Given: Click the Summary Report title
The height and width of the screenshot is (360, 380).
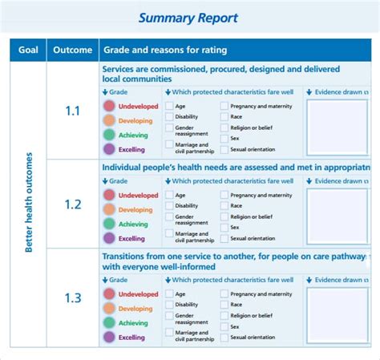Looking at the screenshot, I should tap(188, 18).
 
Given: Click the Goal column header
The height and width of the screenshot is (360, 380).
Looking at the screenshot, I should tap(28, 50).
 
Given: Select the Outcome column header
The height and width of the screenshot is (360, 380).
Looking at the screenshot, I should tap(73, 50).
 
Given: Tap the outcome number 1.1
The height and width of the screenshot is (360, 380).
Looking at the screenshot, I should tap(73, 111).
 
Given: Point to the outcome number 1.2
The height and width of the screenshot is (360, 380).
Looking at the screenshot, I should tap(73, 204).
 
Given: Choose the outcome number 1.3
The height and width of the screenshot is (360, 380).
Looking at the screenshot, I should tap(73, 297).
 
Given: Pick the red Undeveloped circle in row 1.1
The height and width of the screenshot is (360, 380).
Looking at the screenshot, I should tap(109, 106).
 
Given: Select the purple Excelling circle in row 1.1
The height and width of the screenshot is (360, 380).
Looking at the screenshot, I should tap(109, 149).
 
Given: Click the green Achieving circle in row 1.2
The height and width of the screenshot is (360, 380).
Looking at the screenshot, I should tap(109, 224).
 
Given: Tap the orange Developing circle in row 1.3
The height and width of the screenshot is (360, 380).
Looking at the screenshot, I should tap(109, 309).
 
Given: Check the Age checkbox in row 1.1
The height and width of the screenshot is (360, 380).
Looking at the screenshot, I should tap(169, 106).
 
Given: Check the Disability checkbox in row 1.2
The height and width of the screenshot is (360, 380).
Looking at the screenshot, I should tap(169, 205).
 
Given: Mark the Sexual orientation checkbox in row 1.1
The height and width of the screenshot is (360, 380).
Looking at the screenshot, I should tap(224, 148).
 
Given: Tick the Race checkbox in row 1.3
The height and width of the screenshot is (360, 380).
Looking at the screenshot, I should tap(224, 305).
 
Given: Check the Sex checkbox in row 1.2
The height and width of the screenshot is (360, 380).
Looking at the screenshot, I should tap(224, 227).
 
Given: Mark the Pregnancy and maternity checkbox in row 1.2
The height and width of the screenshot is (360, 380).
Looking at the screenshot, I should tap(224, 195).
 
